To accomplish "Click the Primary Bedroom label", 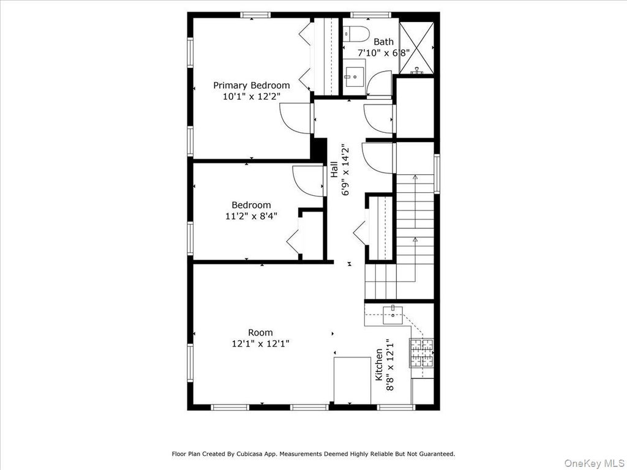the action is [251, 85].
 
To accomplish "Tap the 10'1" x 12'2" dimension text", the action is [252, 96].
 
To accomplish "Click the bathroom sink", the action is [355, 76].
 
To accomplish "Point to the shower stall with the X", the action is [416, 48].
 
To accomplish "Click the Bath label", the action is [383, 42].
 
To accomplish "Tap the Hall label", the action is [334, 170].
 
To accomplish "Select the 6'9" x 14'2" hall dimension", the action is [345, 170].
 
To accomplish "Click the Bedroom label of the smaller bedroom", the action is [251, 205].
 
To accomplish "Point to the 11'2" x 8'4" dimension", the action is [251, 216].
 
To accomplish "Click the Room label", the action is [260, 332].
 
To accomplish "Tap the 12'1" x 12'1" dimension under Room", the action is [260, 343].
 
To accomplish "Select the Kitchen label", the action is [378, 365].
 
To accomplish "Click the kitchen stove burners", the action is [421, 353].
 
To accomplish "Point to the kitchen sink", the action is [392, 315].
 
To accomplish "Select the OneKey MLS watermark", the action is [594, 463].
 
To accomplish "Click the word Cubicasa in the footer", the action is [249, 453].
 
